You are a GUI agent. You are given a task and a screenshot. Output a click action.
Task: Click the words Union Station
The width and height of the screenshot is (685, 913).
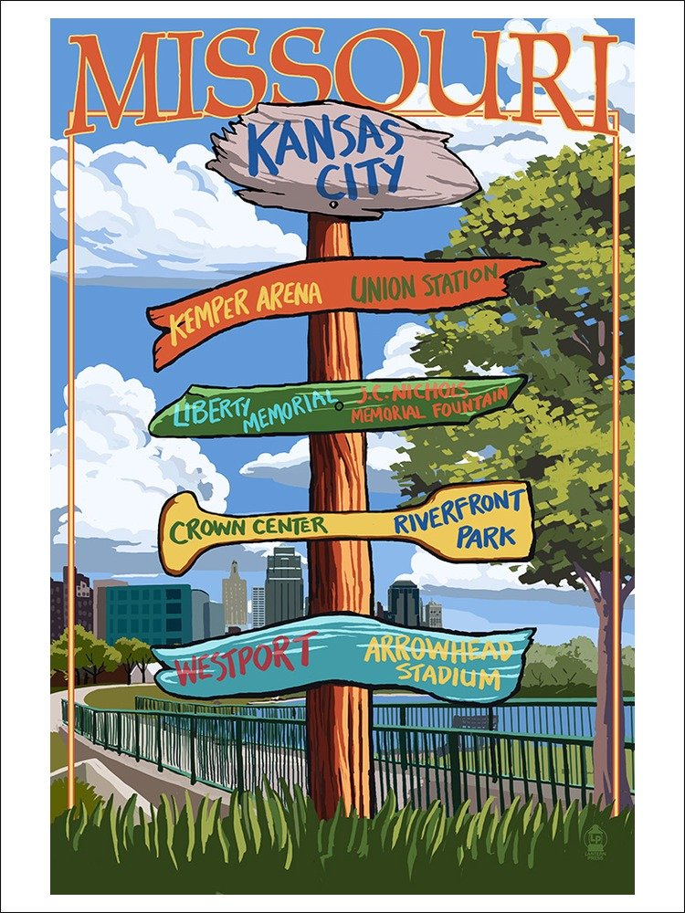pyautogui.click(x=424, y=282)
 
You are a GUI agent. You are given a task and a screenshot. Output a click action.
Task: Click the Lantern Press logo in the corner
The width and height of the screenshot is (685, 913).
pyautogui.click(x=595, y=848)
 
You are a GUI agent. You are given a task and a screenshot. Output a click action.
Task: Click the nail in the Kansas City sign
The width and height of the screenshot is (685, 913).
pyautogui.click(x=334, y=205)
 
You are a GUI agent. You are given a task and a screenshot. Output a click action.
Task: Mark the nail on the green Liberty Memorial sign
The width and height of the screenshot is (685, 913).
pyautogui.click(x=339, y=404)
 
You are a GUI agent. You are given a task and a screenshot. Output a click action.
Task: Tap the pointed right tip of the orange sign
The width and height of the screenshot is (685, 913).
pyautogui.click(x=539, y=265)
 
